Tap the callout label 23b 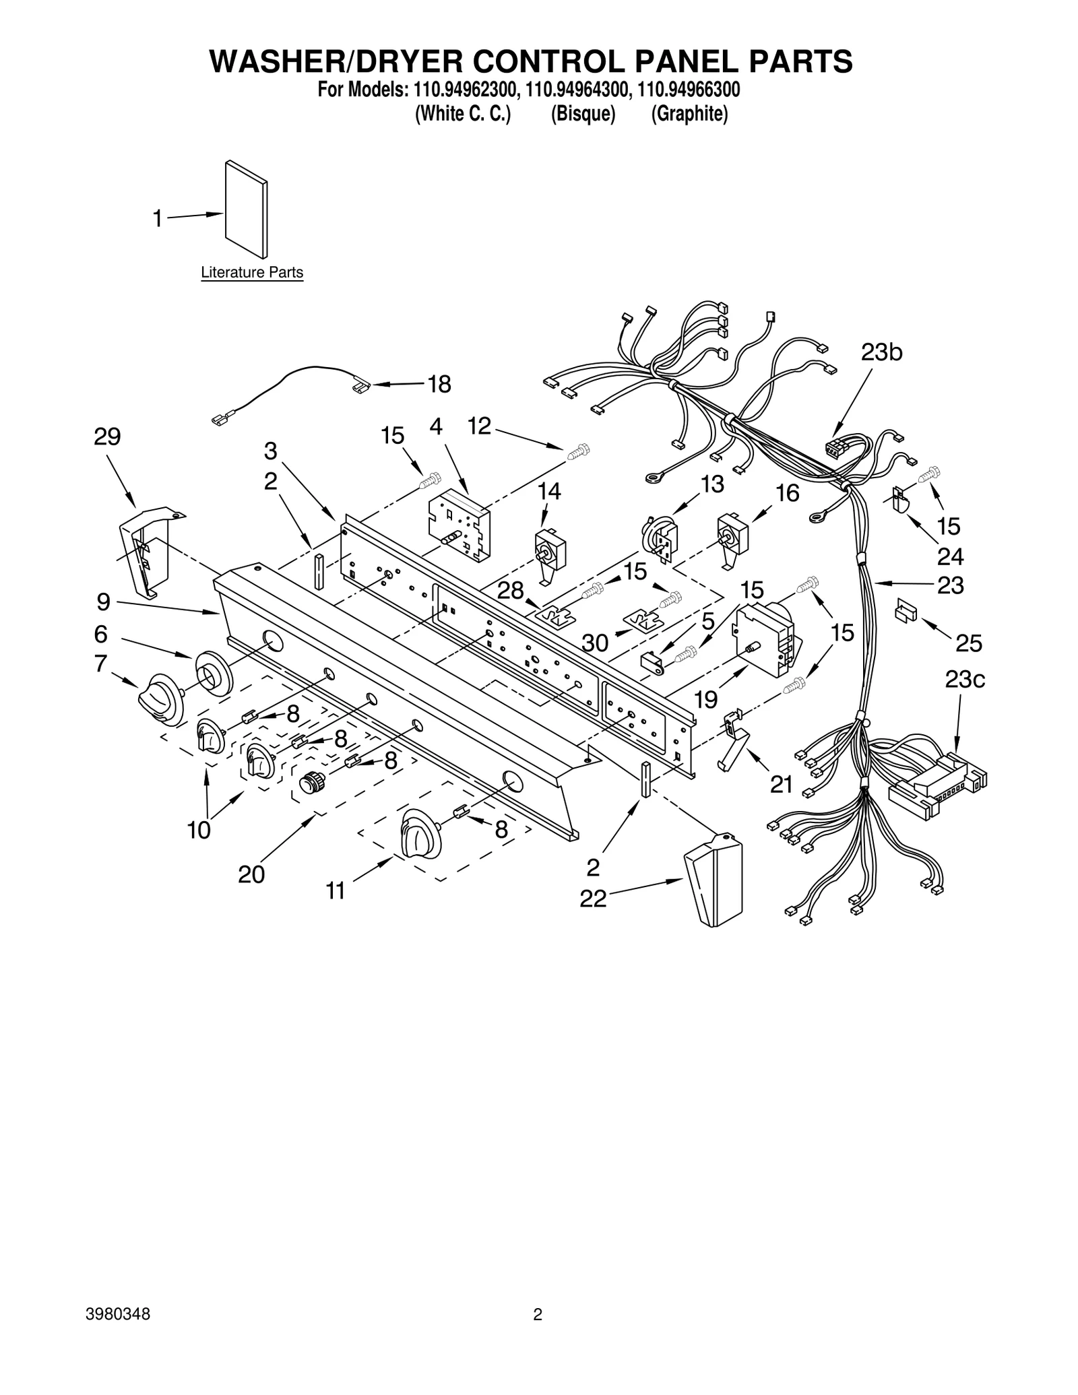(x=881, y=352)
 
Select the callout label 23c (x=964, y=680)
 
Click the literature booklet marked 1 (x=246, y=209)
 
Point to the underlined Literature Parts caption (x=252, y=273)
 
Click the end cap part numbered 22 (x=714, y=880)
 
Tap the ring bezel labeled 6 (x=214, y=672)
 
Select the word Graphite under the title (x=689, y=115)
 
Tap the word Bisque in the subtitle (x=583, y=115)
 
